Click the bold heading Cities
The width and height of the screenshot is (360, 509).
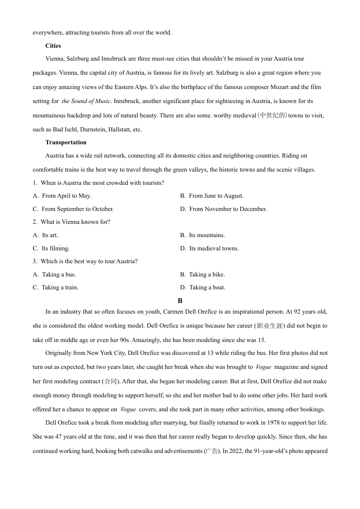pyautogui.click(x=53, y=46)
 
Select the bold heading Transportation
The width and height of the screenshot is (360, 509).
pyautogui.click(x=66, y=142)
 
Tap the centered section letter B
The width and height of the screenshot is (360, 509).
pyautogui.click(x=180, y=301)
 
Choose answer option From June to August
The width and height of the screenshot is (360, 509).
pyautogui.click(x=216, y=196)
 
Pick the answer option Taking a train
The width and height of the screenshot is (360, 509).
pyautogui.click(x=60, y=287)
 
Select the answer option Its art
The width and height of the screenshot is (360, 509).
pyautogui.click(x=50, y=235)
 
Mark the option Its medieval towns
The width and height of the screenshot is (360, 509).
pyautogui.click(x=214, y=248)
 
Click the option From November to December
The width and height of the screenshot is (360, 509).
pyautogui.click(x=228, y=209)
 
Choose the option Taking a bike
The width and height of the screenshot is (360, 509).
pyautogui.click(x=207, y=275)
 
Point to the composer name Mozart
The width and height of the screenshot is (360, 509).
pyautogui.click(x=279, y=87)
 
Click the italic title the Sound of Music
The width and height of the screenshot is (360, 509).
pyautogui.click(x=86, y=101)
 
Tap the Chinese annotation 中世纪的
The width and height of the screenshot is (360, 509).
pyautogui.click(x=272, y=116)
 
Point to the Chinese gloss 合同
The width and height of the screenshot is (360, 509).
pyautogui.click(x=111, y=381)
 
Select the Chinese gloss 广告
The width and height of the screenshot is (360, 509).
pyautogui.click(x=211, y=451)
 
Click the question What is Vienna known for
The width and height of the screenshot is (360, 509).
pyautogui.click(x=75, y=222)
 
